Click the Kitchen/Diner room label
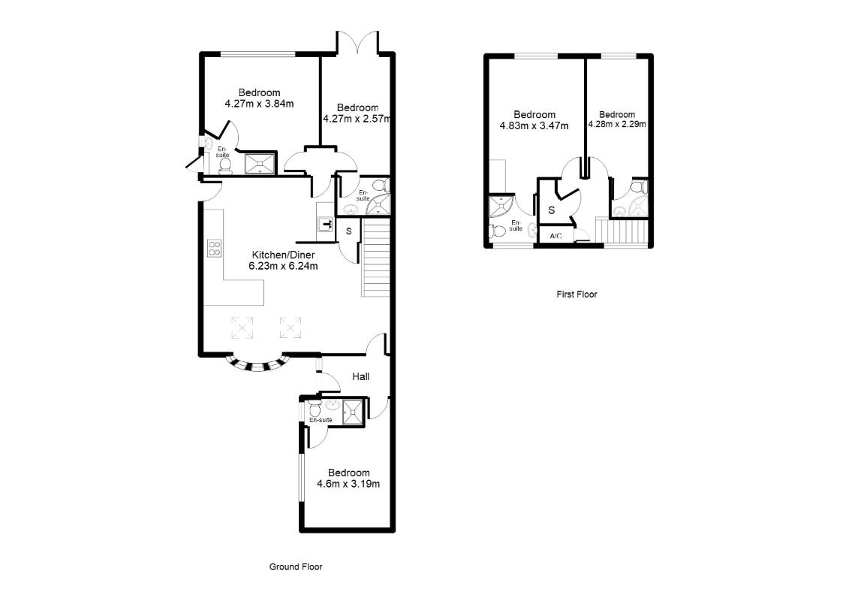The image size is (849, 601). tap(283, 255)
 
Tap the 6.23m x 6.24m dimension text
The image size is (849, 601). tap(283, 266)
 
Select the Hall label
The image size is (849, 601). tap(360, 376)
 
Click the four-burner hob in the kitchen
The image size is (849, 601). tap(215, 248)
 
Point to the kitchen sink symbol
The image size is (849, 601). tap(326, 224)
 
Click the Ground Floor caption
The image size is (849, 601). tap(296, 567)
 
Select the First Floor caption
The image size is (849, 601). tap(577, 294)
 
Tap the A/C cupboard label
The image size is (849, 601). tap(555, 237)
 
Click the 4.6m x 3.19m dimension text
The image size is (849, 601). tap(348, 484)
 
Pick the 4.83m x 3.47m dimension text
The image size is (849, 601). tap(534, 125)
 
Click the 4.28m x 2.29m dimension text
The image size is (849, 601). tap(617, 124)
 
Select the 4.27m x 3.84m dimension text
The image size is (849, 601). tap(260, 104)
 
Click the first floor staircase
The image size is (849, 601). tap(622, 231)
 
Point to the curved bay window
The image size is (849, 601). tap(257, 364)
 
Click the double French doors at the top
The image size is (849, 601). tap(357, 44)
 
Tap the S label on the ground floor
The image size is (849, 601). tap(349, 231)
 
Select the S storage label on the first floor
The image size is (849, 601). tap(551, 210)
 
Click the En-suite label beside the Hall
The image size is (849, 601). tap(321, 420)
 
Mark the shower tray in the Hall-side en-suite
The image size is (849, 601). tap(353, 413)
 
